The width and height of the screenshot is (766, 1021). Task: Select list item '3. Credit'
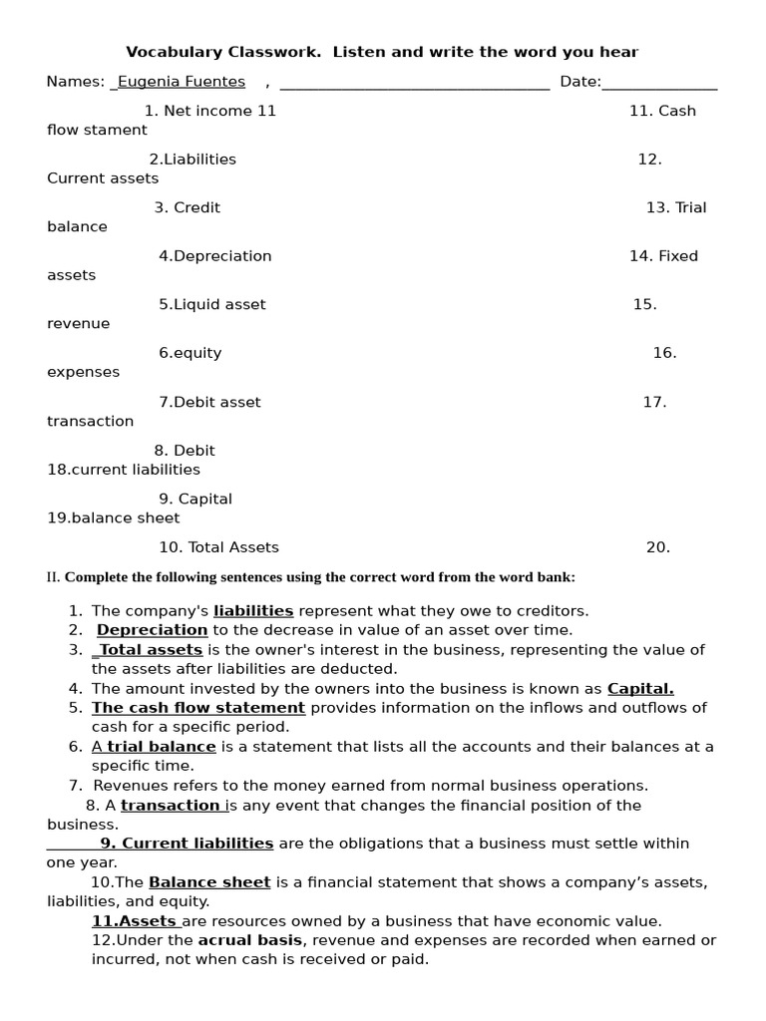187,207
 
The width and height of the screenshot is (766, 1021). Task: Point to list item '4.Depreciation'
214,256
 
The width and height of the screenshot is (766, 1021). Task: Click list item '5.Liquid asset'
211,305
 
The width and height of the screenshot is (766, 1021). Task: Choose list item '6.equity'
190,353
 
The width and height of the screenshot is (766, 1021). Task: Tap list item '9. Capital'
194,500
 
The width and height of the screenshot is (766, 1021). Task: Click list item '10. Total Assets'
218,547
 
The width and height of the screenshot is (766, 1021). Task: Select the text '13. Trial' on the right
675,207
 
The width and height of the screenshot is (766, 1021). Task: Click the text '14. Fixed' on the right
663,256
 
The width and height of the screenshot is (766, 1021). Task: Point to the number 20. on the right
657,547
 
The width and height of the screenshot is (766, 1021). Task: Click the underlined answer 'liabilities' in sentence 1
253,611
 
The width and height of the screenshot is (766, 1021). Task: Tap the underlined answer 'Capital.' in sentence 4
640,689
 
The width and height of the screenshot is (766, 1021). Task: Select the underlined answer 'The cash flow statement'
198,708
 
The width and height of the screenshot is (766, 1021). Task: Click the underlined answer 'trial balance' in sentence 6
162,747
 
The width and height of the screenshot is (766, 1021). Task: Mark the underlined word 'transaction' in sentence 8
171,806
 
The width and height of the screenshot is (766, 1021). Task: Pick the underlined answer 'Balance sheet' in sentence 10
209,882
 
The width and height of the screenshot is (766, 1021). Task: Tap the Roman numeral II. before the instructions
54,577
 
